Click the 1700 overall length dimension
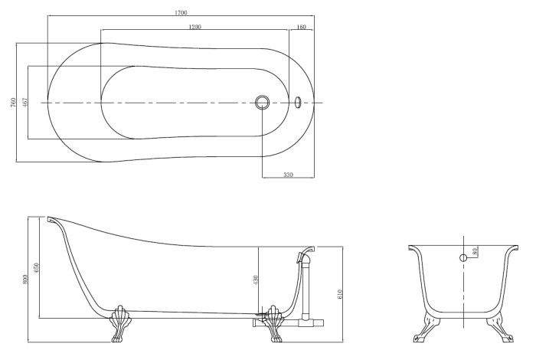coord(181,13)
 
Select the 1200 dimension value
coord(194,27)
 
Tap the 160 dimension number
coord(301,27)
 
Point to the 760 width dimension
coord(13,102)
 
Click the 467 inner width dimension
coord(25,102)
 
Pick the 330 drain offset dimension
coord(288,175)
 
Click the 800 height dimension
coord(25,279)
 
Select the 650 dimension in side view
coord(37,267)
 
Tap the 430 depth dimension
coord(256,280)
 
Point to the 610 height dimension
coord(339,294)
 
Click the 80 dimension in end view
coord(475,252)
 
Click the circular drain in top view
coord(262,102)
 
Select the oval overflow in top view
coord(298,102)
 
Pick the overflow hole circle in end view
coord(463,258)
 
